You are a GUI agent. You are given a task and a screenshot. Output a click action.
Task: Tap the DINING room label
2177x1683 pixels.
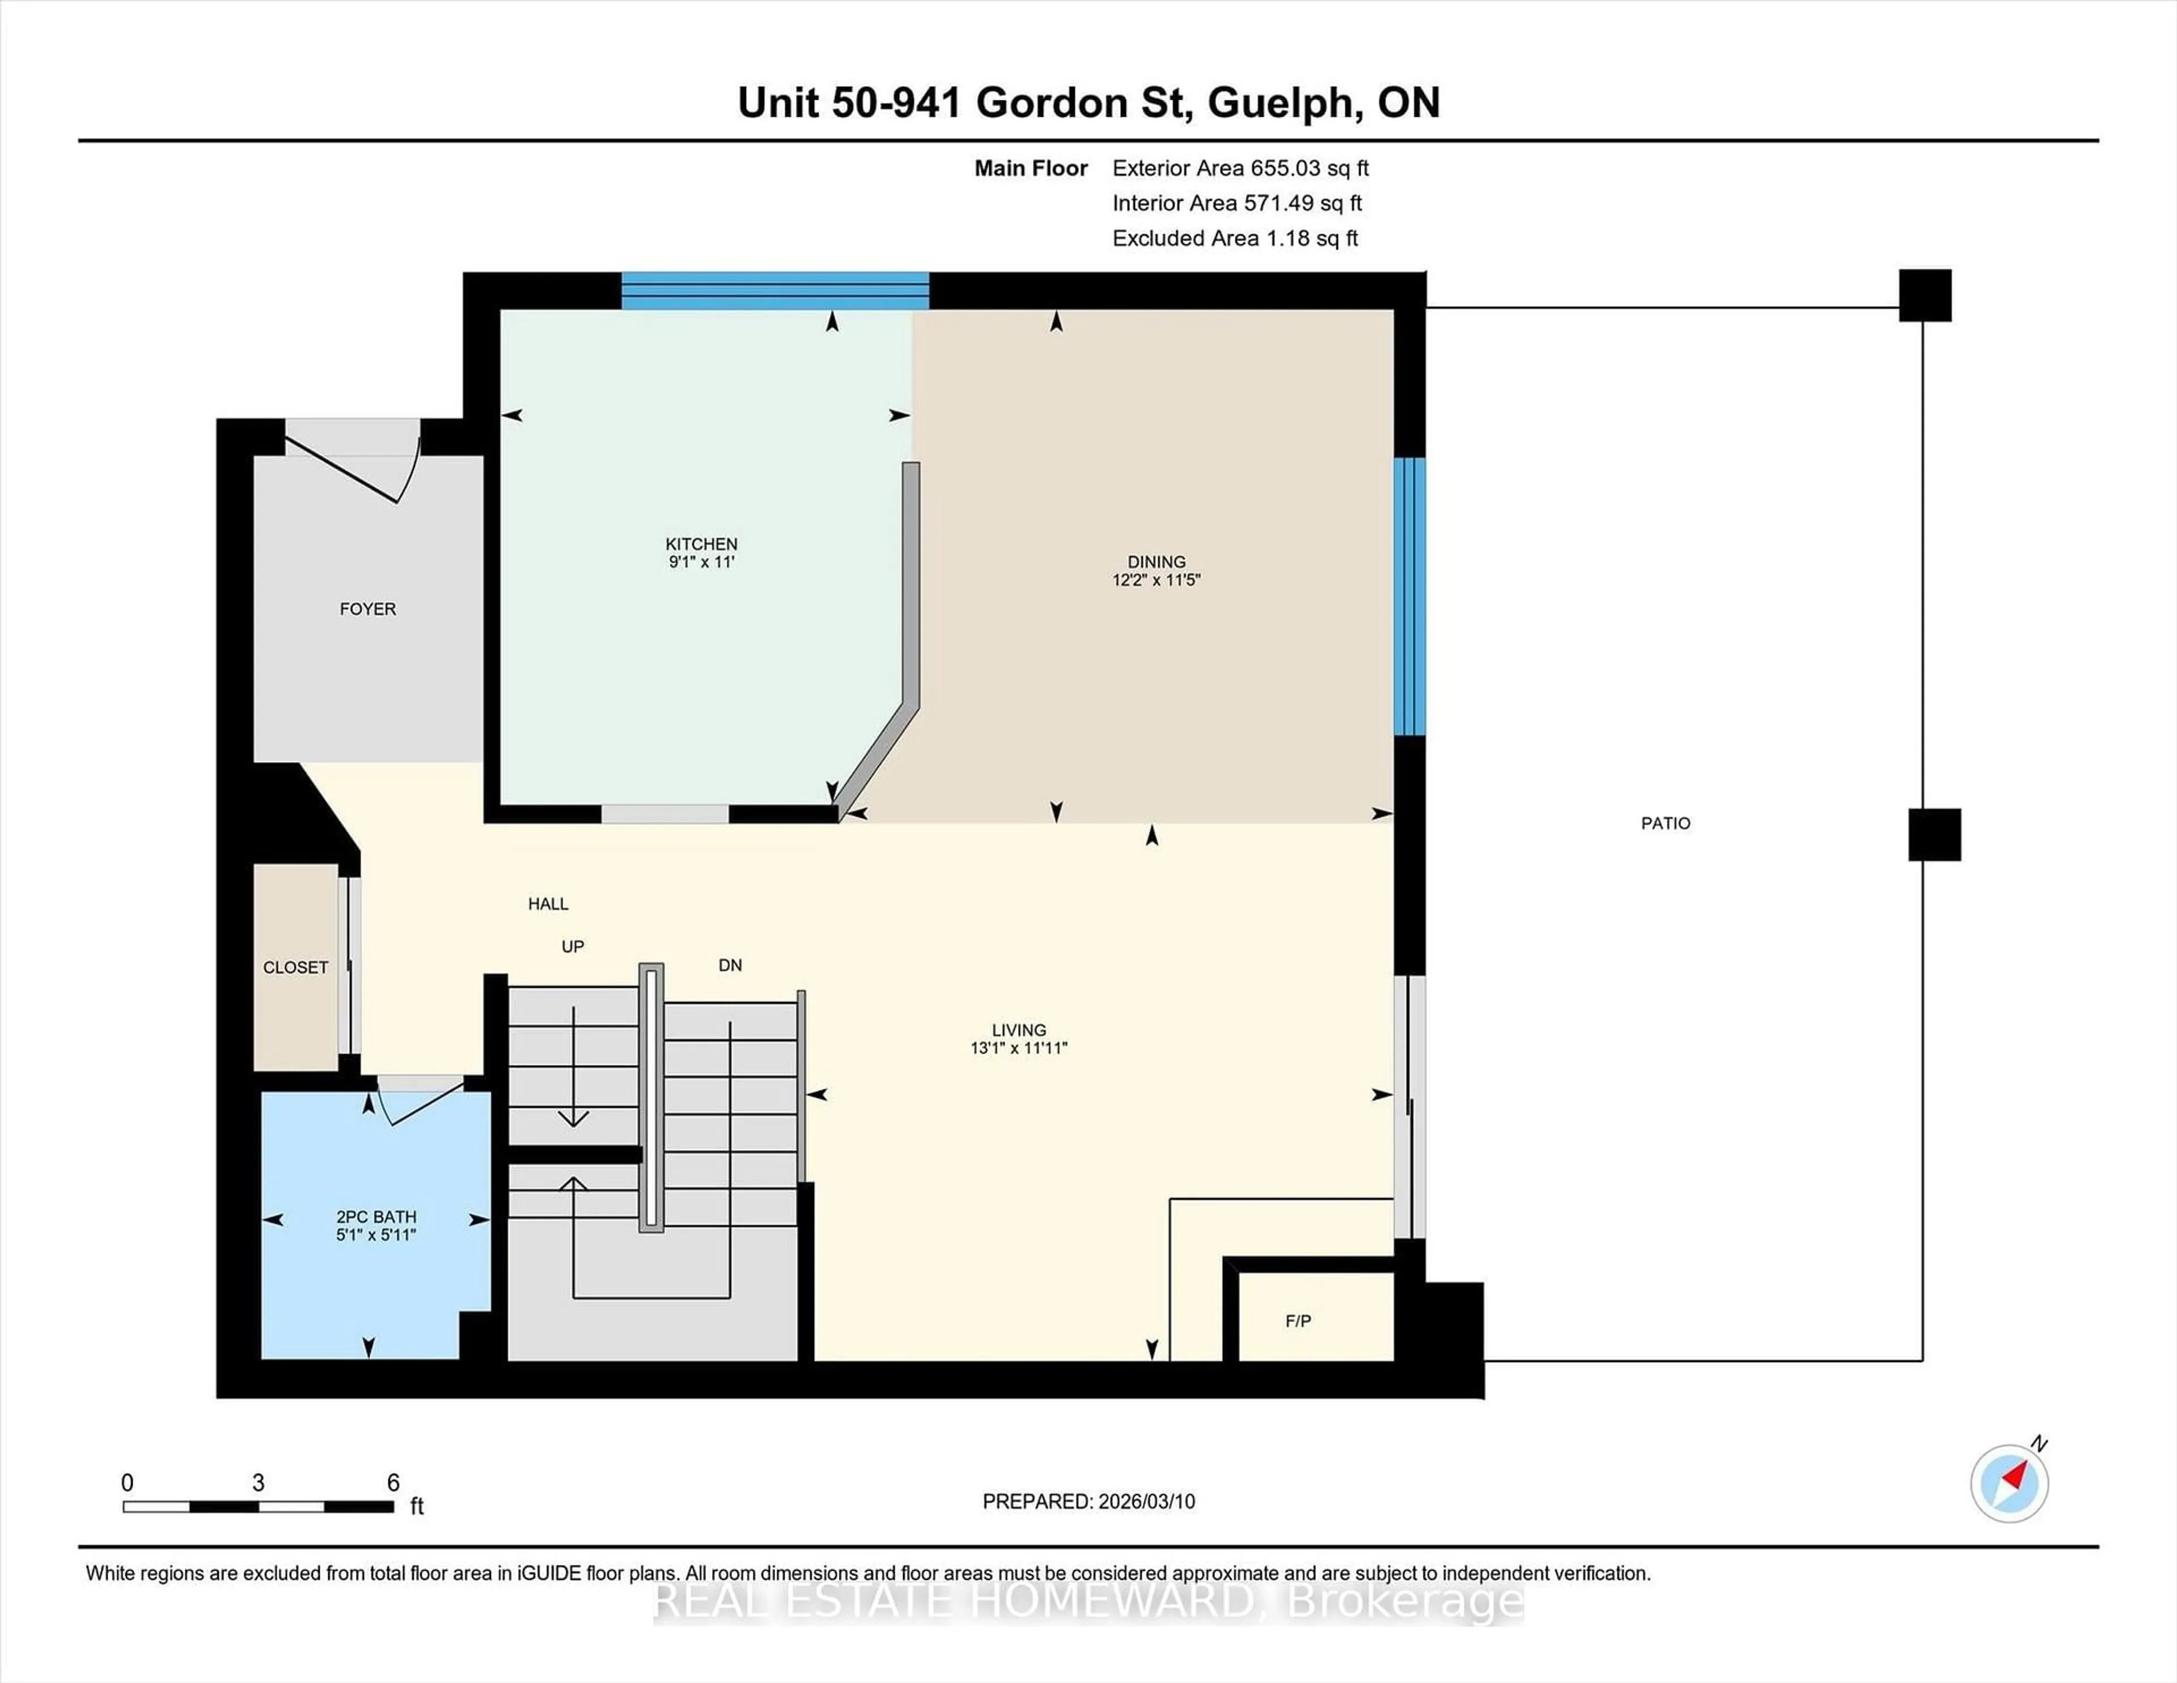[1157, 563]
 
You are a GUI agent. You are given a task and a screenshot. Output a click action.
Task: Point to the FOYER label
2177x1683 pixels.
[368, 609]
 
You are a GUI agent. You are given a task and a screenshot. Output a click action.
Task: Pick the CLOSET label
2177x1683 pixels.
[295, 967]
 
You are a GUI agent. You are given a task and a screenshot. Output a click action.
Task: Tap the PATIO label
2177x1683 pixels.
[1664, 823]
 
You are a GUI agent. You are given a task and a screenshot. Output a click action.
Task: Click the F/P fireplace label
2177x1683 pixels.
[1298, 1321]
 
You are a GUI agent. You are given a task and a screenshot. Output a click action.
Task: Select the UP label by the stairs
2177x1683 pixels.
[572, 946]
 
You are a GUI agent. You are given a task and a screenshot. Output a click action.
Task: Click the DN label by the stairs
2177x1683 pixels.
[730, 965]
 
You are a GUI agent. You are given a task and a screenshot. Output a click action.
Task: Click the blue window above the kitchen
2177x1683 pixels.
[776, 291]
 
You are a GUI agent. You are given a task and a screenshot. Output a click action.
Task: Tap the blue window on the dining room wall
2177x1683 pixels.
[1409, 596]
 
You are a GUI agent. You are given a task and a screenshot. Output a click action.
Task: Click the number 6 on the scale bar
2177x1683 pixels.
[393, 1483]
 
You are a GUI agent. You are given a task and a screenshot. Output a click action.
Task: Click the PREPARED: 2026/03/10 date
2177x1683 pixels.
[1088, 1502]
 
